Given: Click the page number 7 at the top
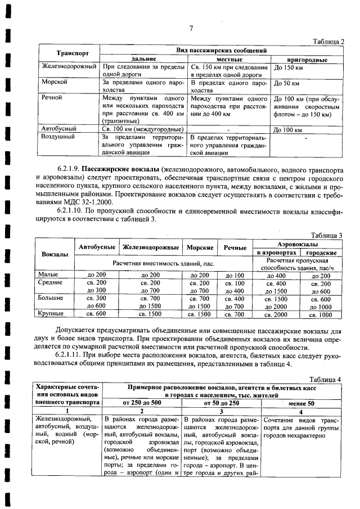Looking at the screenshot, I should (x=191, y=29).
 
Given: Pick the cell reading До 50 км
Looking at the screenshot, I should (x=286, y=83).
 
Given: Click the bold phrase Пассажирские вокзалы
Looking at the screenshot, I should (x=120, y=169).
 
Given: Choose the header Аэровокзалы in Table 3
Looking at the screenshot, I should (x=298, y=245).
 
